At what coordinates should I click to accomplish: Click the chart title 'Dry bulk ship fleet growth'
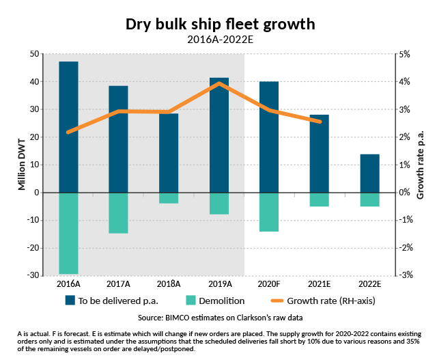(220, 24)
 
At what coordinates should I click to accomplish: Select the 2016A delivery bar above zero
(68, 126)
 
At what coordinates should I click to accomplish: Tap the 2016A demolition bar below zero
(68, 233)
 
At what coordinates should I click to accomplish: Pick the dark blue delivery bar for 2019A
(219, 135)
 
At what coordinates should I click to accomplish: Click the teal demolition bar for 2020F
(269, 212)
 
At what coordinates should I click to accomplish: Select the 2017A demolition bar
(119, 212)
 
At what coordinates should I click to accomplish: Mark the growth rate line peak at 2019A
(219, 83)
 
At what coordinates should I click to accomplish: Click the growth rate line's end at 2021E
(320, 122)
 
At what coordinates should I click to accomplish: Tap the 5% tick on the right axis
(404, 54)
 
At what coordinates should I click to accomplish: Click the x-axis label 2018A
(169, 283)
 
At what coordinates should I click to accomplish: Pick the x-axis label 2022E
(369, 283)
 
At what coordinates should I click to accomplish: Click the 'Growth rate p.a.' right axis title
(421, 165)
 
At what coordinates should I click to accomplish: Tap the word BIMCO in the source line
(175, 318)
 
